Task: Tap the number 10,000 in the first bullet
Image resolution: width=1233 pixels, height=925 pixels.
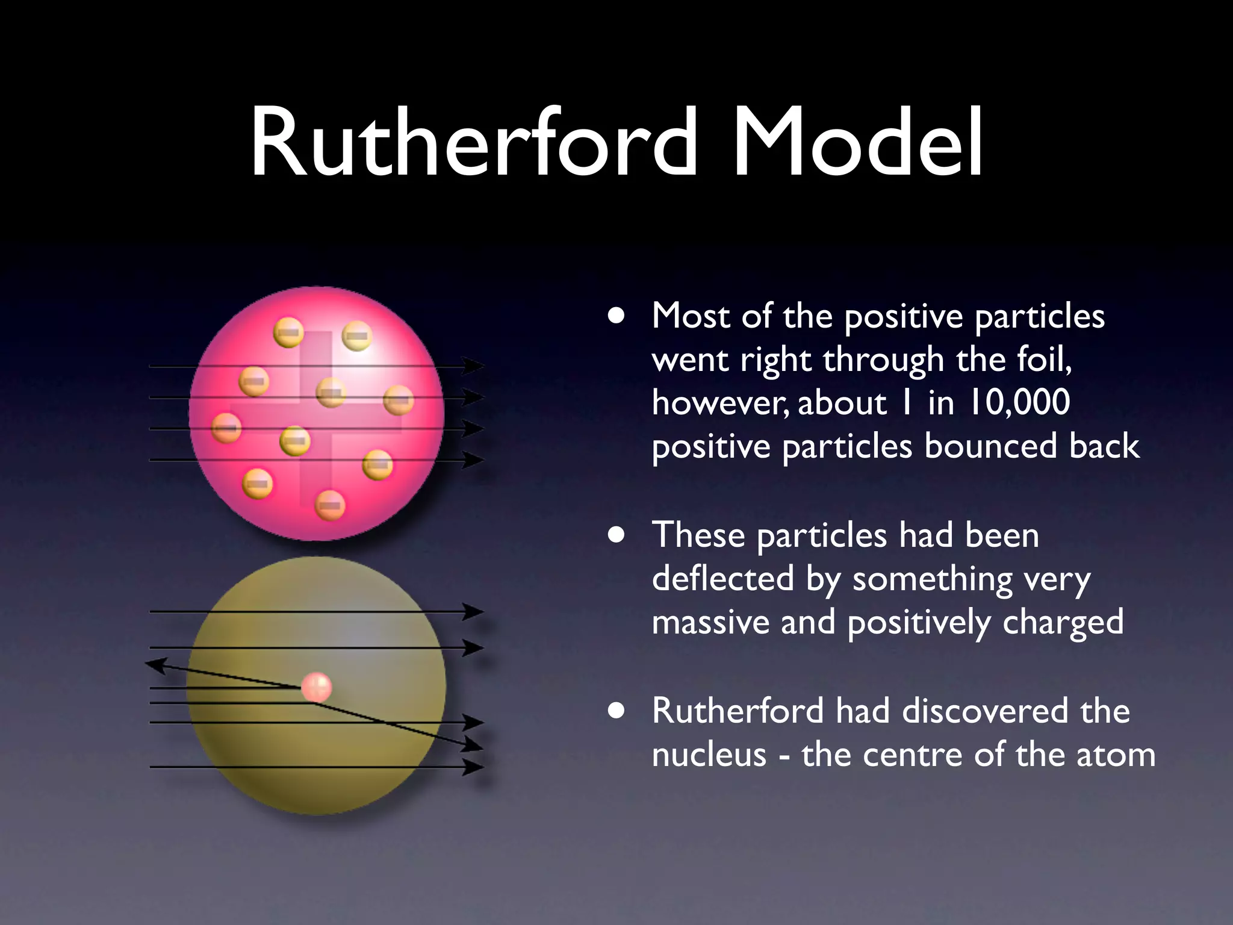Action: [1019, 402]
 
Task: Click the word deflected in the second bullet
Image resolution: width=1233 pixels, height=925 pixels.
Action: [723, 578]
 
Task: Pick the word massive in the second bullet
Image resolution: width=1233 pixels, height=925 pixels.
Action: [710, 622]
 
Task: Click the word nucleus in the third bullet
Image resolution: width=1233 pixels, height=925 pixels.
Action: [709, 755]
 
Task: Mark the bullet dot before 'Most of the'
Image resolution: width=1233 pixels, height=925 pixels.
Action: [616, 316]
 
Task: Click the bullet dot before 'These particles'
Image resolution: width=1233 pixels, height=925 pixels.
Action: [616, 535]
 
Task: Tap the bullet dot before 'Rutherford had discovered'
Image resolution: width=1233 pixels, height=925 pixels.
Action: [616, 711]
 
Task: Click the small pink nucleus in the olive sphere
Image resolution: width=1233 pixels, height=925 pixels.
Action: [317, 687]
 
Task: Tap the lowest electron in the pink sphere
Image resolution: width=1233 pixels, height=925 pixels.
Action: [330, 505]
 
